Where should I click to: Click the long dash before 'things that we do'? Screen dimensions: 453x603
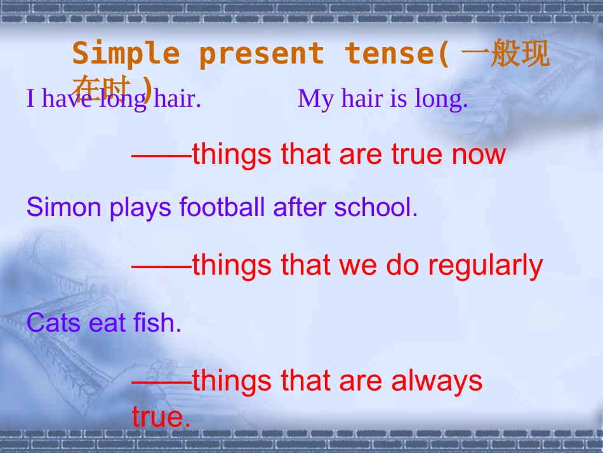[161, 266]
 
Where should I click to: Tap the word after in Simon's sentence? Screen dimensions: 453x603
[301, 207]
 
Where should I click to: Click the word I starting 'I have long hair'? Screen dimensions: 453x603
[30, 99]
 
